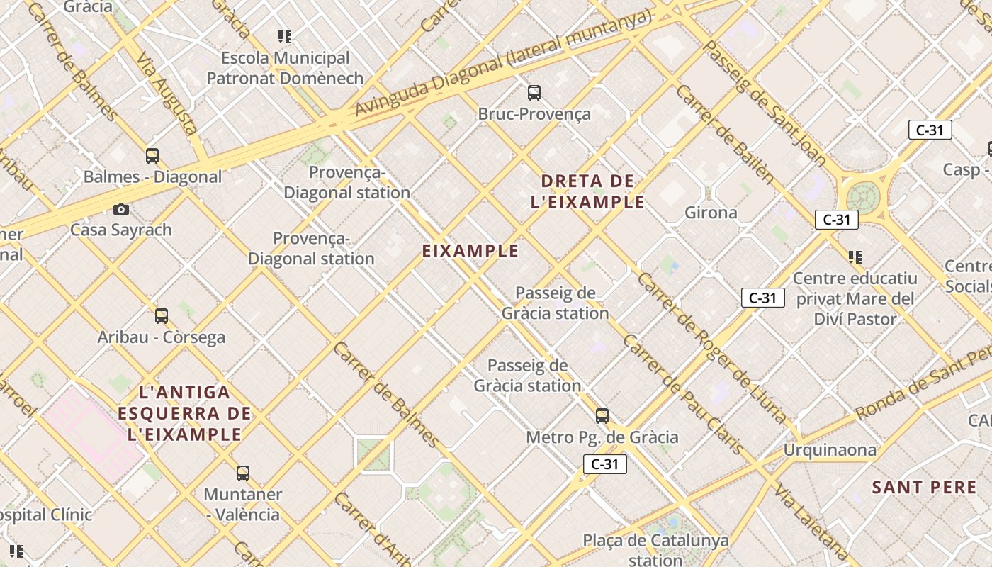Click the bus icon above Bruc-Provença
point(534,92)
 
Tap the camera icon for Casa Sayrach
point(121,209)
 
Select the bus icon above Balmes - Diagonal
point(152,156)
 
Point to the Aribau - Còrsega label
point(161,337)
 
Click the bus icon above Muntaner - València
point(243,473)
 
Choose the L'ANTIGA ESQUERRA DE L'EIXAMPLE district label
point(185,413)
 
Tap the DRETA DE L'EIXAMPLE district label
point(587,191)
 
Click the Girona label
point(711,213)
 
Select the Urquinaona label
point(829,450)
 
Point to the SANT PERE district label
point(924,488)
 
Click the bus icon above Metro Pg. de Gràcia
point(602,416)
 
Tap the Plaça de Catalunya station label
point(655,550)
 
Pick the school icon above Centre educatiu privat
point(855,257)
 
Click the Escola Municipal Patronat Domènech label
point(285,68)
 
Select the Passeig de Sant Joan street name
point(765,103)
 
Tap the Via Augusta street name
point(167,93)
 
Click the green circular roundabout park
point(862,196)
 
